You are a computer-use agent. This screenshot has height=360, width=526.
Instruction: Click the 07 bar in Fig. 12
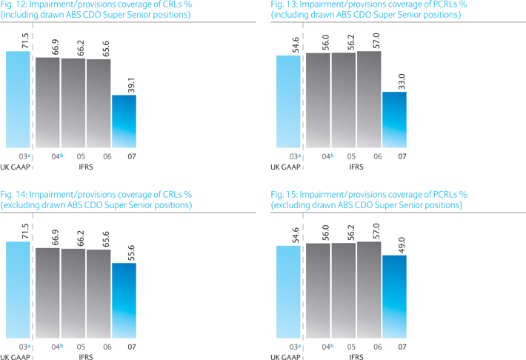click(x=124, y=121)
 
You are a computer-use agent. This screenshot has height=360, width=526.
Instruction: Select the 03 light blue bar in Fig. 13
click(x=288, y=101)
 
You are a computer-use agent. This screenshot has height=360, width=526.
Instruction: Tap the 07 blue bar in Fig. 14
click(x=124, y=301)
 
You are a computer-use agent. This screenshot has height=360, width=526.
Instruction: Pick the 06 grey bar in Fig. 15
click(x=369, y=290)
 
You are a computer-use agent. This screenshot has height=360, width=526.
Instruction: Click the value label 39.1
click(x=132, y=85)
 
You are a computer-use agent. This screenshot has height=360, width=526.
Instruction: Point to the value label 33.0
click(x=402, y=81)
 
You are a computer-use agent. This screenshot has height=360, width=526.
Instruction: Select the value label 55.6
click(x=132, y=253)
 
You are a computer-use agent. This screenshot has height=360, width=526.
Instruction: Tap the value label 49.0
click(x=402, y=245)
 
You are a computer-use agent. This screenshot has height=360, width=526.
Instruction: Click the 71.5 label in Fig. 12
click(x=25, y=41)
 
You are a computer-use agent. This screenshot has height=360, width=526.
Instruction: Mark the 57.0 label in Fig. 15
click(x=376, y=231)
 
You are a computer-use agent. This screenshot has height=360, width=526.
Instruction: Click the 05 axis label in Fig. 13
click(x=351, y=157)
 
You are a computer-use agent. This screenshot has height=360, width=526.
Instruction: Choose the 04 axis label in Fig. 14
click(x=56, y=347)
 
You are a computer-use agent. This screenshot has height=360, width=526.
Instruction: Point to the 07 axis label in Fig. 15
click(x=402, y=347)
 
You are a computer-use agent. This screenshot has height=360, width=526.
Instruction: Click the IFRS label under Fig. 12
click(x=86, y=167)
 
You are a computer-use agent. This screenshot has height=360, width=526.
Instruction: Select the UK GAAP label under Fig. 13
click(x=285, y=167)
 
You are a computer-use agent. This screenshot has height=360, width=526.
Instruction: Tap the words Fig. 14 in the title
click(x=13, y=195)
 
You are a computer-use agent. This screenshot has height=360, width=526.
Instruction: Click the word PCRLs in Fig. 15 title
click(x=445, y=195)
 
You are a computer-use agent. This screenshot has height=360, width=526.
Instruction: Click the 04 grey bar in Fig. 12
click(x=47, y=103)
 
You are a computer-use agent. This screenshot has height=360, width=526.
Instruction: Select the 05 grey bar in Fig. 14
click(x=73, y=293)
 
